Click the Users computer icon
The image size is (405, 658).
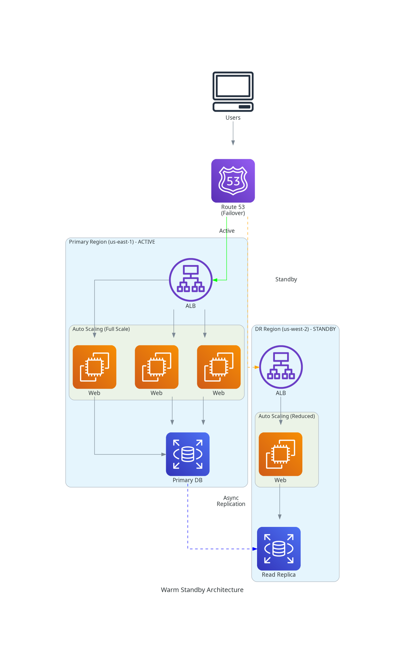click(233, 92)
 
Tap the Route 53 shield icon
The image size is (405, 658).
click(233, 181)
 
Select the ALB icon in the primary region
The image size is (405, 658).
click(191, 280)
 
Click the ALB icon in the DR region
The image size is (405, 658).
click(281, 367)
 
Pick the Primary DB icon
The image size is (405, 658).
click(188, 454)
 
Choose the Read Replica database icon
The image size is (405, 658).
click(279, 549)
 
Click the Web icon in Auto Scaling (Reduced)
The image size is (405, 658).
click(281, 454)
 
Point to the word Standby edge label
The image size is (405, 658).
click(286, 279)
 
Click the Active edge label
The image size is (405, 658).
click(227, 231)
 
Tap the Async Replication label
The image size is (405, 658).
click(231, 501)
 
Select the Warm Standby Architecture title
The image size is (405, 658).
click(202, 590)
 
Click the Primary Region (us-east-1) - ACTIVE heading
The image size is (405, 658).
click(112, 242)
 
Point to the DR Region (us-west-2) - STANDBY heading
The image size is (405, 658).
click(295, 329)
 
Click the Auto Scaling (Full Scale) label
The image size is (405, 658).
click(101, 329)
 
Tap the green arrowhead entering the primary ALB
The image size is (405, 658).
click(215, 280)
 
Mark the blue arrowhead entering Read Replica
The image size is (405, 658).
click(255, 549)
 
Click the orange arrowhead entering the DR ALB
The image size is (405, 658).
click(257, 367)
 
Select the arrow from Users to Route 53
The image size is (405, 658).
click(233, 133)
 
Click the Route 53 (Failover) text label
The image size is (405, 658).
click(233, 210)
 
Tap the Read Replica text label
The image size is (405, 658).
click(279, 574)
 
